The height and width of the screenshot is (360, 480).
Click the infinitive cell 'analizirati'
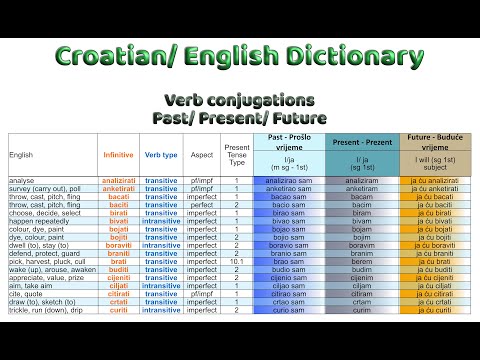click(x=119, y=179)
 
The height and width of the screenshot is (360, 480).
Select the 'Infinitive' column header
click(x=118, y=154)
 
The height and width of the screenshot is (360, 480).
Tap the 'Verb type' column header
click(x=161, y=154)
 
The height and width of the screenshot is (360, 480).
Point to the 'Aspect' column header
click(x=200, y=154)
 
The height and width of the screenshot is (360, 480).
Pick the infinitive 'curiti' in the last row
click(x=118, y=310)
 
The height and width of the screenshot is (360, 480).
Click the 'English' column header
click(x=21, y=154)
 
